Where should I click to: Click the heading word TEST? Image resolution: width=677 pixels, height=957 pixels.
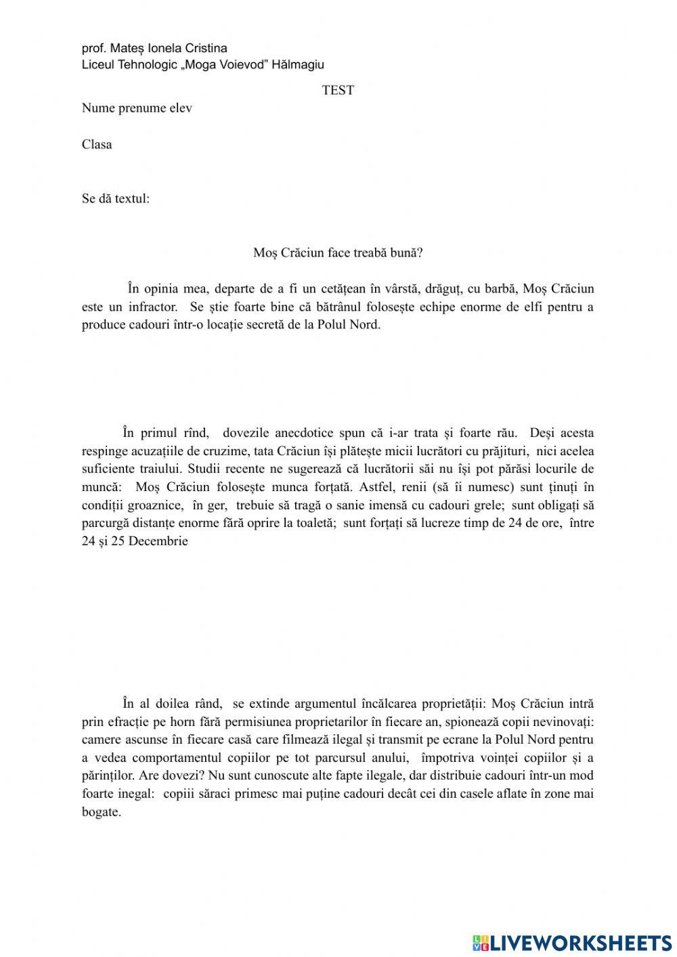coord(338,90)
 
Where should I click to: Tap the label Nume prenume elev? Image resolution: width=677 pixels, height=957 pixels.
coord(137,108)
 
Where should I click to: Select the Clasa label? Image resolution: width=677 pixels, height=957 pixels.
coord(97,144)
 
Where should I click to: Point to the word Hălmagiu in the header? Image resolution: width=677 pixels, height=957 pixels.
coord(297,65)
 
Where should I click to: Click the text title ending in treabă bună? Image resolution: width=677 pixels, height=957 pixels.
coord(338,253)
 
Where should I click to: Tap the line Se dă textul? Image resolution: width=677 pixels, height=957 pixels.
coord(116,199)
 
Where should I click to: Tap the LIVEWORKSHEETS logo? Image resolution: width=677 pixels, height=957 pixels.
coord(572,942)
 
